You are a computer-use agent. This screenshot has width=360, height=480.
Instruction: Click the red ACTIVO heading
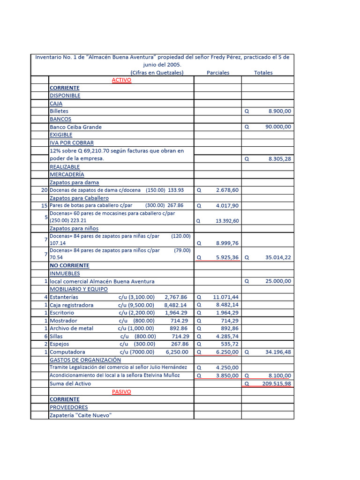coord(121,80)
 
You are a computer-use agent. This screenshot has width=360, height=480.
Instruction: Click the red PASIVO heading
coord(121,391)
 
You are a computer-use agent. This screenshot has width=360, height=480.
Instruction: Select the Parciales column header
coord(218,73)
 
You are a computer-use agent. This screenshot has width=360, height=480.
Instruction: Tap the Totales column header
coord(263,73)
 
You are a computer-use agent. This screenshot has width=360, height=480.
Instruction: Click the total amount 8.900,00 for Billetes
coord(279,111)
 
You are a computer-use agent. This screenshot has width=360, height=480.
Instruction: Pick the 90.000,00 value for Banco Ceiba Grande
coord(278,127)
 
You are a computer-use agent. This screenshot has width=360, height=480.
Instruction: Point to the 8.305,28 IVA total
coord(279,159)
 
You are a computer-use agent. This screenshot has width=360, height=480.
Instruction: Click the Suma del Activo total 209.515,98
coord(277,383)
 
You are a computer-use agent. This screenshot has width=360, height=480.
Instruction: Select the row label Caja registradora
coord(72,305)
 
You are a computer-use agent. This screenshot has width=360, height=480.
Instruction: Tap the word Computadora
coord(67,352)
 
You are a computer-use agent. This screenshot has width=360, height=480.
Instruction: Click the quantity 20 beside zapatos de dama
coord(44,190)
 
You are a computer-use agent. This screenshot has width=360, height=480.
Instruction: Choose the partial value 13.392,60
coord(227,220)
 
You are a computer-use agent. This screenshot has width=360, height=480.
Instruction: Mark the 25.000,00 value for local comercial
coord(278,281)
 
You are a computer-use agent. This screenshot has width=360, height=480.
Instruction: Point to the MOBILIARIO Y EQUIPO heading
coord(79,289)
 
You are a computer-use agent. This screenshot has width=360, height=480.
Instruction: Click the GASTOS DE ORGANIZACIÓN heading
coord(85,360)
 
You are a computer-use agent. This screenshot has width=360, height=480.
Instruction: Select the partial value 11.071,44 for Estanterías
coord(225,297)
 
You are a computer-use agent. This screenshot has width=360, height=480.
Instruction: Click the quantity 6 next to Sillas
coord(46,336)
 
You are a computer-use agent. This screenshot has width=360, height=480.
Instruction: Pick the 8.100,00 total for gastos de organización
coord(279,375)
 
